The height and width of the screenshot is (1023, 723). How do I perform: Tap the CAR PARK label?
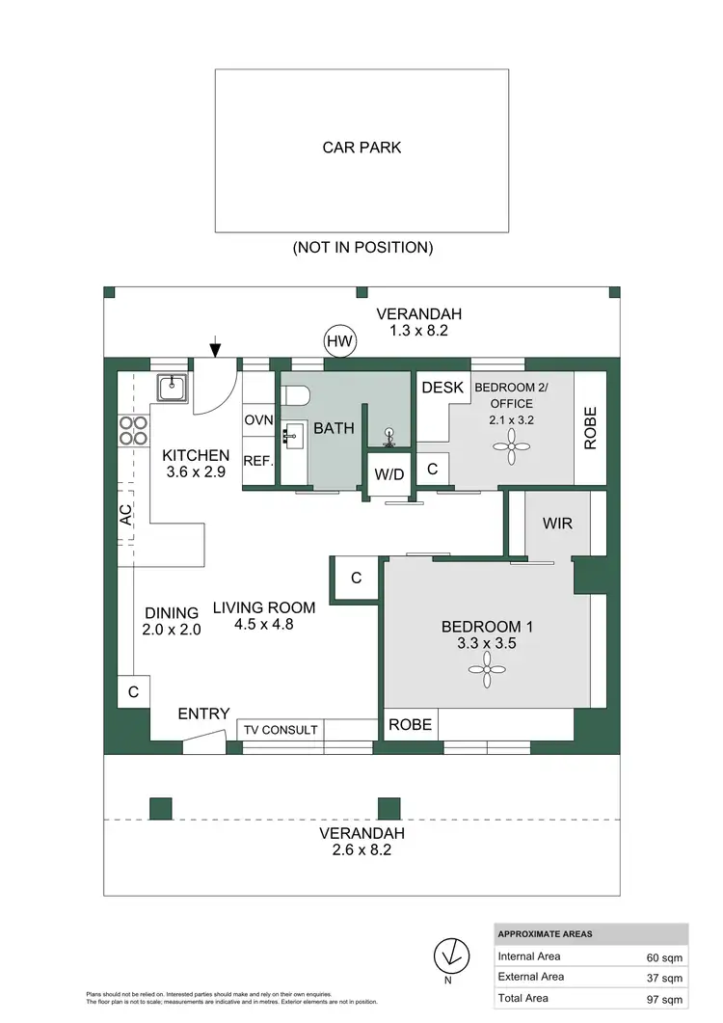[x=361, y=148]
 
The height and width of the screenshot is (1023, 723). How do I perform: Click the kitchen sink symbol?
[x=171, y=388]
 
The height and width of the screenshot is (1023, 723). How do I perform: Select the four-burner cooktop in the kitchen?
[x=132, y=430]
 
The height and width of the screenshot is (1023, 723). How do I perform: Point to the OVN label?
[x=258, y=420]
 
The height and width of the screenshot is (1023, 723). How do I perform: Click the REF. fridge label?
[x=259, y=462]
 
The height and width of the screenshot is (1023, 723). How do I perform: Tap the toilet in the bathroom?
[x=296, y=395]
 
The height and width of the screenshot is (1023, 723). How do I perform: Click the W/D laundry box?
[x=388, y=473]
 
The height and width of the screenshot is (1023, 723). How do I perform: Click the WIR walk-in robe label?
[x=558, y=523]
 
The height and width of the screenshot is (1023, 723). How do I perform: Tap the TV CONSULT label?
[x=280, y=730]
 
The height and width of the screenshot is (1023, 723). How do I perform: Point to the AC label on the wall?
[x=125, y=516]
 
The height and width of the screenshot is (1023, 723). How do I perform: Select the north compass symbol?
[x=447, y=956]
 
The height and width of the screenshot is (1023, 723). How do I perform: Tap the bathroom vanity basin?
[x=290, y=437]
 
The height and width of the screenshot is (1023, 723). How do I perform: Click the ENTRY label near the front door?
[x=203, y=713]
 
